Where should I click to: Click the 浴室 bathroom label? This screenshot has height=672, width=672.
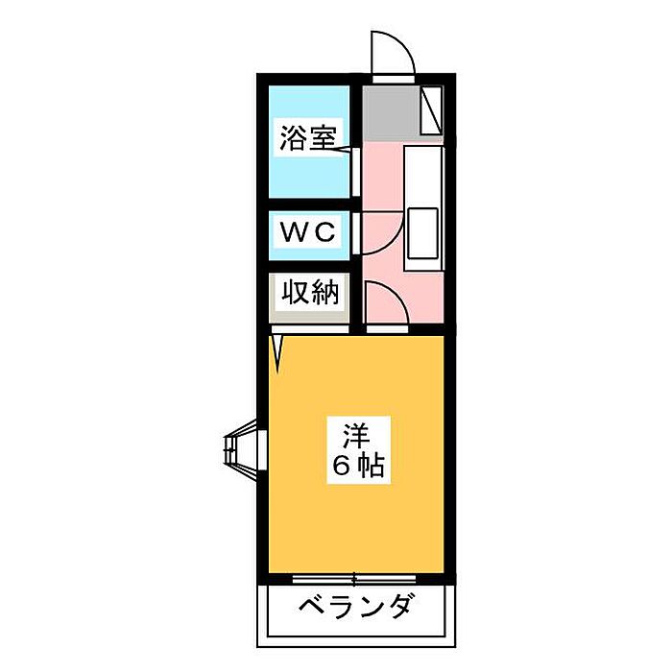(307, 137)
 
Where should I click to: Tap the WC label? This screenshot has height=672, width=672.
(307, 232)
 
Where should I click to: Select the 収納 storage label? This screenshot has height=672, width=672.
(310, 292)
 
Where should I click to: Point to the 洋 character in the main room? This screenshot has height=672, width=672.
(356, 435)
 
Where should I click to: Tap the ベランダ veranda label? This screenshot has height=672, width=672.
(356, 606)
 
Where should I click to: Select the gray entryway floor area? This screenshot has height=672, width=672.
(391, 112)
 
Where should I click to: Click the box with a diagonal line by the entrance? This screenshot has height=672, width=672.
(431, 110)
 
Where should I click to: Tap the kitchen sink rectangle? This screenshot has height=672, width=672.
(422, 233)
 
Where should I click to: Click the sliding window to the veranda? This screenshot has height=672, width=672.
(354, 580)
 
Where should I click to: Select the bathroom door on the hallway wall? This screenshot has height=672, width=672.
(355, 172)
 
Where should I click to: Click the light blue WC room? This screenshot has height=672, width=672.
(309, 235)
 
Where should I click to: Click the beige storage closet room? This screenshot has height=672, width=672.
(309, 299)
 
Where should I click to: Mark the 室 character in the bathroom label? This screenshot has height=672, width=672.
(322, 137)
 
